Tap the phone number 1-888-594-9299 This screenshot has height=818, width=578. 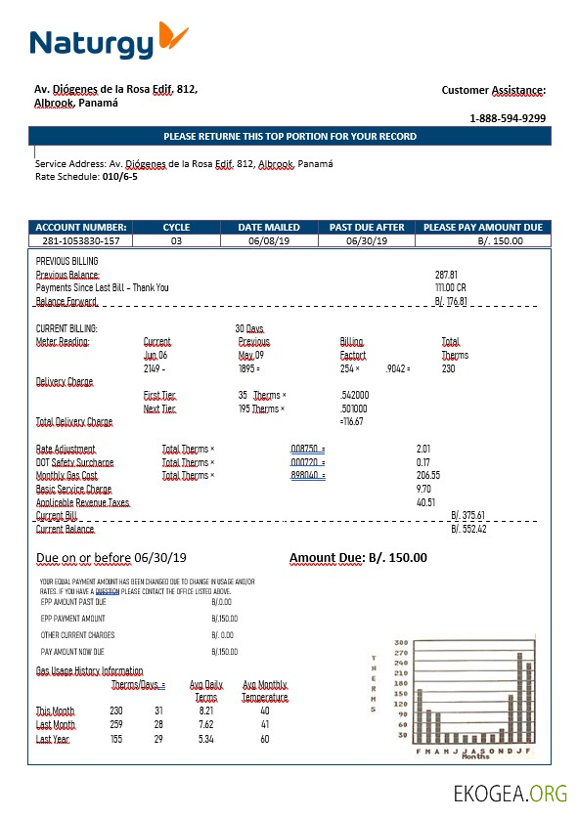508,118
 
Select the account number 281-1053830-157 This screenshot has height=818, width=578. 81,240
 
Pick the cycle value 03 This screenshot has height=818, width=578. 176,240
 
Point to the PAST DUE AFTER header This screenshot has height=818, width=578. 367,228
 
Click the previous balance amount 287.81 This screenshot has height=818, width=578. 446,276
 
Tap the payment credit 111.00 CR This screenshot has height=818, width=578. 451,288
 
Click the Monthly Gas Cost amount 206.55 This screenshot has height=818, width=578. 428,475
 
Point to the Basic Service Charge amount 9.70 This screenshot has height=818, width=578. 423,488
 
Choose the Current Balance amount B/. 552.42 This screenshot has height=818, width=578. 468,529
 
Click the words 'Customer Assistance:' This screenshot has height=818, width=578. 493,90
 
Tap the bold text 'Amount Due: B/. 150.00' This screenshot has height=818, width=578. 358,558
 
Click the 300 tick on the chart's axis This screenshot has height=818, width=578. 401,643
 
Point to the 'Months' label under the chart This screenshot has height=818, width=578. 475,756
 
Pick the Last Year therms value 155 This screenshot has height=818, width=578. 116,740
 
